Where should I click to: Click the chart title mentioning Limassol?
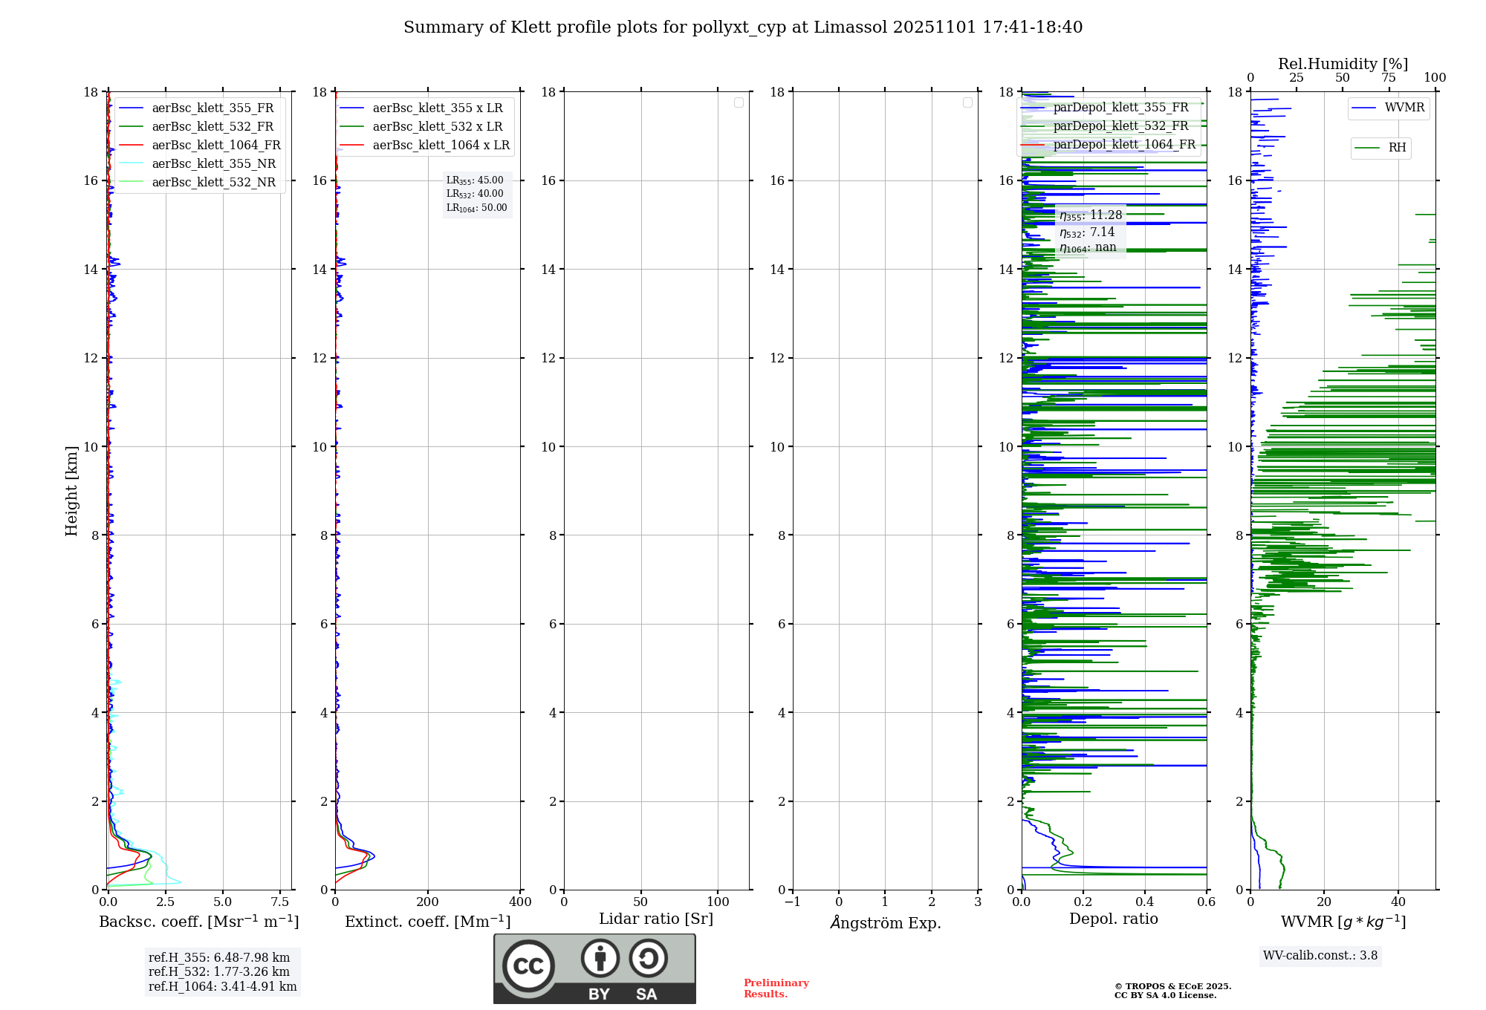click(x=743, y=27)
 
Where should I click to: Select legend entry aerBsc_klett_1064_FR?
click(x=215, y=145)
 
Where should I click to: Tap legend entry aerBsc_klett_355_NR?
click(x=213, y=163)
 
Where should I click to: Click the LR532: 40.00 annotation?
click(x=475, y=194)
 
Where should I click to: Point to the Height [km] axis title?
click(x=71, y=490)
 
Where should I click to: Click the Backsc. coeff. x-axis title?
click(x=198, y=922)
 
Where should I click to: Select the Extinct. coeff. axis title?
click(x=427, y=922)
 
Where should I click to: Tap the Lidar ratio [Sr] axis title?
click(x=655, y=919)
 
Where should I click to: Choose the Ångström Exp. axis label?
click(x=885, y=922)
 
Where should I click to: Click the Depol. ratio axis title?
click(x=1113, y=919)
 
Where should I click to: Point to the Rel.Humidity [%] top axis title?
click(x=1343, y=64)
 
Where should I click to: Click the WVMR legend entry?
click(x=1404, y=108)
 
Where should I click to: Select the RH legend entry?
click(x=1396, y=148)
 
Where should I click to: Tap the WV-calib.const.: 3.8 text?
click(x=1320, y=956)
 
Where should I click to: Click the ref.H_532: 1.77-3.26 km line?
click(x=219, y=971)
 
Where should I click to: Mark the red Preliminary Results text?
click(x=776, y=988)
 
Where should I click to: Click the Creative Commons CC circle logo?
click(x=528, y=966)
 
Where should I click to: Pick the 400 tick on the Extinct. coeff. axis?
click(x=520, y=902)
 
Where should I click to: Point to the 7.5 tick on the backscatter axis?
click(x=279, y=902)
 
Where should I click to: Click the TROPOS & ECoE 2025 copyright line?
click(x=1172, y=986)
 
